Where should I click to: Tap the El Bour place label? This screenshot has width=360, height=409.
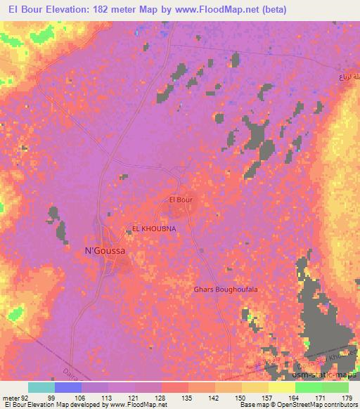tap(181, 200)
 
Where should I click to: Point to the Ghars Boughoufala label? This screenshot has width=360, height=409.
tap(221, 290)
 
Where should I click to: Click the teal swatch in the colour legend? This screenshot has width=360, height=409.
tap(41, 387)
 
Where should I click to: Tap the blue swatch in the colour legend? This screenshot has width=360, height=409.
tap(68, 387)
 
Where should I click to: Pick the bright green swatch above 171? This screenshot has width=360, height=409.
tap(309, 387)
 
